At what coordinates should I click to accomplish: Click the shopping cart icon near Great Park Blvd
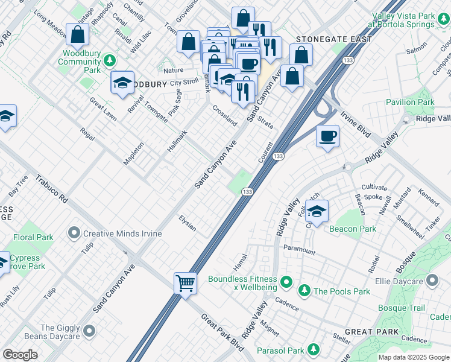coord(185,282)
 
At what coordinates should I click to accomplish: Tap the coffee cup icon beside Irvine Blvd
coord(327,136)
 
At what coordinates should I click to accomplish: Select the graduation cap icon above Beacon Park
coord(317,211)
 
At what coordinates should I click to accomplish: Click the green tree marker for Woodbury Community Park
coord(109,60)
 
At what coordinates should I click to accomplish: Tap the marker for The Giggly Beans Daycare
coord(90,330)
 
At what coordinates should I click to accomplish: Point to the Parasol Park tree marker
coord(313,350)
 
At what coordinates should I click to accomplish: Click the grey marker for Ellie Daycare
coord(432,281)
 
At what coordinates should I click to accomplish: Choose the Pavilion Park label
coord(410,103)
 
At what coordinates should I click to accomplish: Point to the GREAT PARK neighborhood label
coord(371,332)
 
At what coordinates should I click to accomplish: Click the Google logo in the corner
coord(20,355)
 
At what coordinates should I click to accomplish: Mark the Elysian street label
coord(188,223)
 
